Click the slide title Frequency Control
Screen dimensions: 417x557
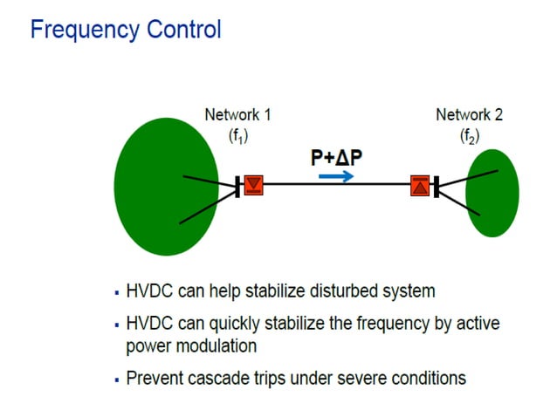tap(126, 30)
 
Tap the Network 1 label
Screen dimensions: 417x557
tap(237, 114)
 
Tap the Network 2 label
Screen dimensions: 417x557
tap(469, 114)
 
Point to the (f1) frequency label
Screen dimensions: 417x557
tap(237, 135)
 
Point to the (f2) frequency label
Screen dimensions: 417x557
tap(469, 135)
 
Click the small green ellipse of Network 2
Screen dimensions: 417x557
tap(492, 193)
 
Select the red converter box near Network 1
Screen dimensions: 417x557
tap(253, 184)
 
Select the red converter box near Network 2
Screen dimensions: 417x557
tap(420, 185)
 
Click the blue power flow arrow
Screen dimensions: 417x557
tap(336, 175)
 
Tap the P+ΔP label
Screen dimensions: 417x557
tap(336, 157)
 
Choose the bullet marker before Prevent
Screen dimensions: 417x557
tap(117, 379)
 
